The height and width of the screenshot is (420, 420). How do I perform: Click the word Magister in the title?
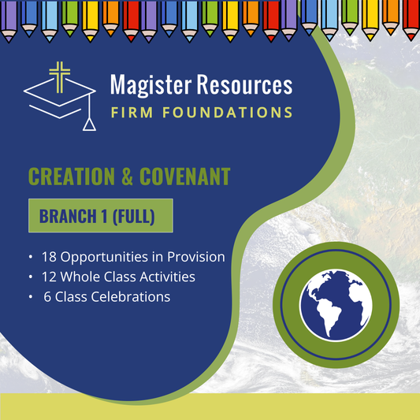pos(147,85)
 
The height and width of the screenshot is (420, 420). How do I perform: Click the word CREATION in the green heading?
pos(70,176)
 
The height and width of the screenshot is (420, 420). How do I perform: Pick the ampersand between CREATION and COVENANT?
pos(123,176)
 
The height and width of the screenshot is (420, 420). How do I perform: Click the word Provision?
pos(195,257)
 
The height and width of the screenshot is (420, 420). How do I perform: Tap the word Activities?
pos(166,277)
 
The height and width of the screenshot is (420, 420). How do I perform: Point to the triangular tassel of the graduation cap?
pos(91,124)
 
